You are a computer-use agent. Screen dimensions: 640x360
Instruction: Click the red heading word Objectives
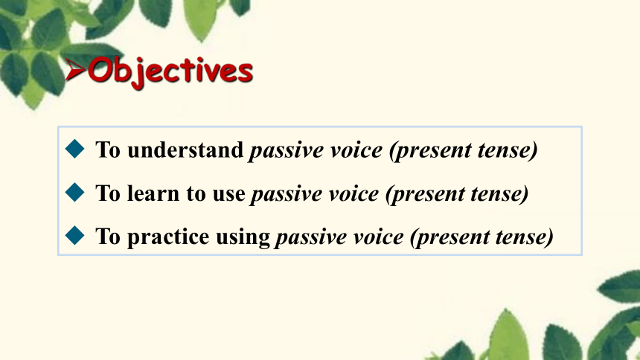(170, 72)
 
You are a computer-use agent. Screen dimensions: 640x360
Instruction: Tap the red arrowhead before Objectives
(75, 69)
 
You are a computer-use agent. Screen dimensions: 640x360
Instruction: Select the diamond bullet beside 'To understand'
(74, 149)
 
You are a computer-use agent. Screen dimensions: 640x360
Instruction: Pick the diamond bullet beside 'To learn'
(74, 192)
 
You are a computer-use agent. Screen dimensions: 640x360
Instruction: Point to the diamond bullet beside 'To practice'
(74, 236)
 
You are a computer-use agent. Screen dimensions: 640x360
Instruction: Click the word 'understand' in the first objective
(185, 150)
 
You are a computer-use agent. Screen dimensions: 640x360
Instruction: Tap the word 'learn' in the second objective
(153, 193)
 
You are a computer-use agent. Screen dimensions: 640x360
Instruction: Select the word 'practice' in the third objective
(168, 237)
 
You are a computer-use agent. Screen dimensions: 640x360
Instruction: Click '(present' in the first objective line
(429, 150)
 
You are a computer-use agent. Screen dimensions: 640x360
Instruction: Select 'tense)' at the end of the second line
(499, 194)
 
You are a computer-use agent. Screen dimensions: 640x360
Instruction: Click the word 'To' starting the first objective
(108, 150)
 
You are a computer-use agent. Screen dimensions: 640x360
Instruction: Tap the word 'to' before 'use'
(196, 194)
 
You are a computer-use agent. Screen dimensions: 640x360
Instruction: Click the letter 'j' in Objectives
(138, 74)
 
